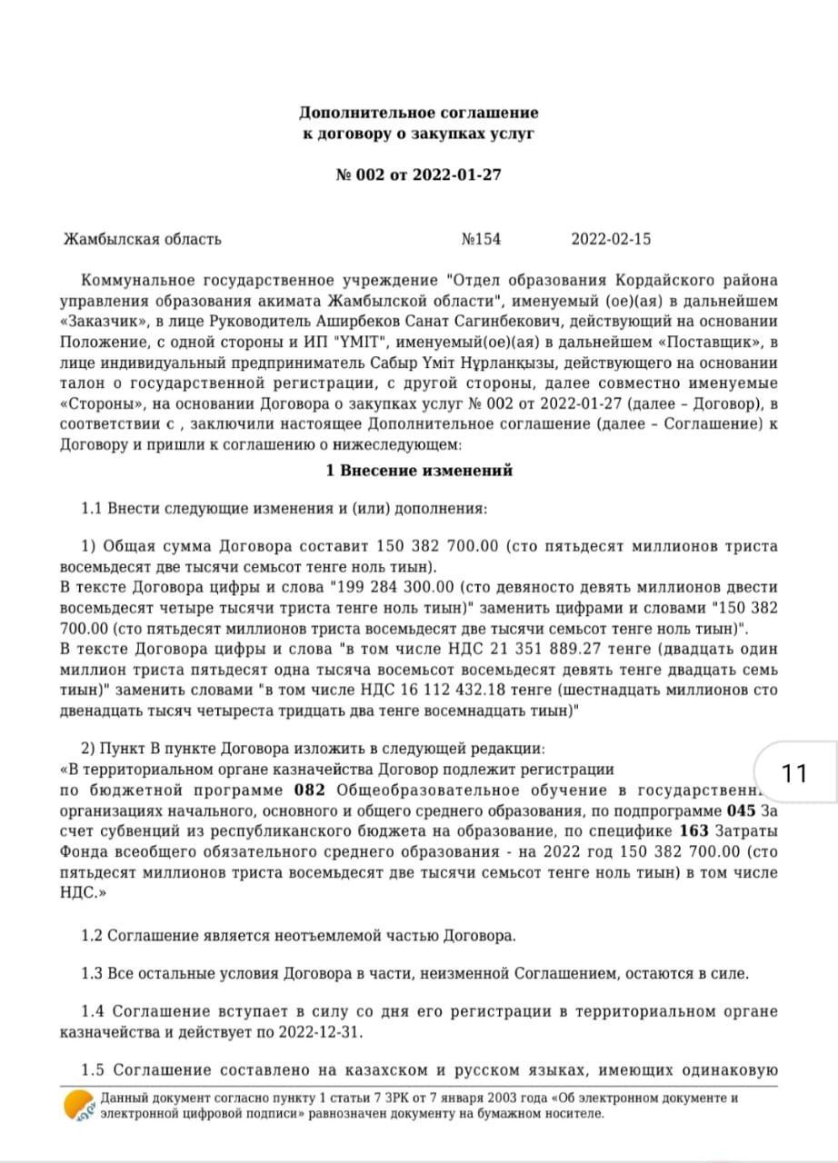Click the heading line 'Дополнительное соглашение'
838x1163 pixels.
coord(419,113)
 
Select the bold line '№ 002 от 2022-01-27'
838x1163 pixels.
coord(419,175)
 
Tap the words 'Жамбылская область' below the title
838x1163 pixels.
coord(142,240)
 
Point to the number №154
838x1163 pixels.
coord(481,240)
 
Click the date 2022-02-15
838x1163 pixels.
coord(611,240)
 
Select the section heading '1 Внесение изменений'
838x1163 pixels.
coord(419,471)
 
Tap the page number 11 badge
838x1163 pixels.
coord(793,773)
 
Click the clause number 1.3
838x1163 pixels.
coord(93,974)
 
